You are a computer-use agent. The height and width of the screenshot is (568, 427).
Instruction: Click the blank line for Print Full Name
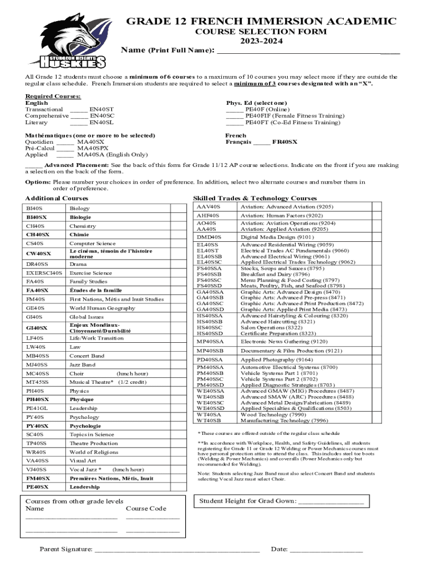pyautogui.click(x=308, y=51)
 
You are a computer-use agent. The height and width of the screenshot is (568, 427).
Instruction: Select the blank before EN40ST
pyautogui.click(x=79, y=110)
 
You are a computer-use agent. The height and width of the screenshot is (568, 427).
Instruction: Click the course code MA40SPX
pyautogui.click(x=93, y=149)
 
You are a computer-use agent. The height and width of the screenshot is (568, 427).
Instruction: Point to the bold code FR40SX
pyautogui.click(x=284, y=142)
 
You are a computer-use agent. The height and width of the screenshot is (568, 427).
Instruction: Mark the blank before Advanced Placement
pyautogui.click(x=33, y=165)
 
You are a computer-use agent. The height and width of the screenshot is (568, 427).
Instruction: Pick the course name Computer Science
pyautogui.click(x=93, y=244)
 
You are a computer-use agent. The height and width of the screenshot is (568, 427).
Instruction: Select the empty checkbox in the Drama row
pyautogui.click(x=178, y=265)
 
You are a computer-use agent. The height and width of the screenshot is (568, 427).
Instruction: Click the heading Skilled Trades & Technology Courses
pyautogui.click(x=255, y=199)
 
